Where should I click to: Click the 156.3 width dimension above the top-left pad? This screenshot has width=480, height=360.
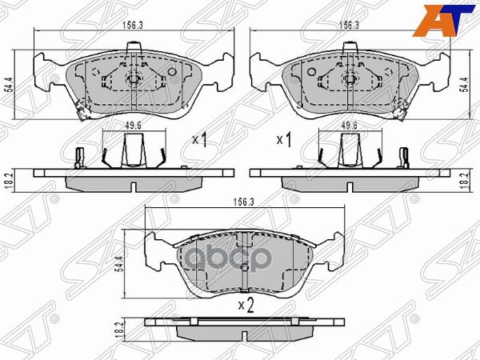[x=132, y=25]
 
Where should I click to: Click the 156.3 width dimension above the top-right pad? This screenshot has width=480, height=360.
[x=348, y=25]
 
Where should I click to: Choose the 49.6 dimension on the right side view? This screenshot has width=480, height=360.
[x=349, y=126]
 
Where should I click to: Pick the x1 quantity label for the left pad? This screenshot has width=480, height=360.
[x=200, y=142]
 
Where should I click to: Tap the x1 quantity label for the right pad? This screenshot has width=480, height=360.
[x=282, y=142]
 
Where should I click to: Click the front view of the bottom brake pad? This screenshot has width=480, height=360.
[x=241, y=260]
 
